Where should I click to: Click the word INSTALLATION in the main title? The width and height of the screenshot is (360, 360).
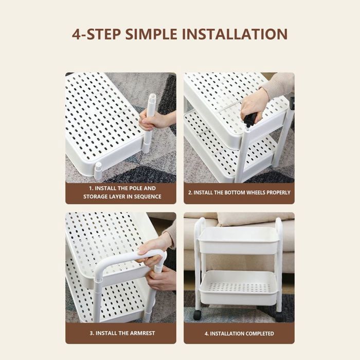pos(235,34)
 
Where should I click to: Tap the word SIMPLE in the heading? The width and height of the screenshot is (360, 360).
pos(151,34)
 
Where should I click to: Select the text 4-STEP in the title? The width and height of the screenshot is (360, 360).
pos(97,34)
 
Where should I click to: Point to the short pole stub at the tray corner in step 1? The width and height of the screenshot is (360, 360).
pos(99,170)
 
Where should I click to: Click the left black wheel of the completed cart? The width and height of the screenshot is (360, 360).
pos(197,315)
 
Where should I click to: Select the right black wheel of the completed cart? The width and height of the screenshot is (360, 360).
pos(280,317)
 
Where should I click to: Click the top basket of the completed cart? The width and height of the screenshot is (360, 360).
pos(238,241)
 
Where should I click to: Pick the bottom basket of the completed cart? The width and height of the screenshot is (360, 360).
pos(238,287)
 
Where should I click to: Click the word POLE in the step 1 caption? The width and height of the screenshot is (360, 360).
pos(136,188)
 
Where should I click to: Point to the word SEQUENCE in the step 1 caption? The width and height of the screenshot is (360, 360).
pos(148,196)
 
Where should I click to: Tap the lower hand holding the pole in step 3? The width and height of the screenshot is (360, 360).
pos(160,278)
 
